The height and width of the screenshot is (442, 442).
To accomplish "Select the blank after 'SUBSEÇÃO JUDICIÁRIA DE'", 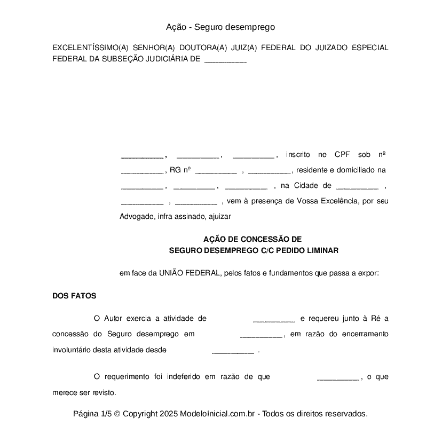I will click(x=225, y=60).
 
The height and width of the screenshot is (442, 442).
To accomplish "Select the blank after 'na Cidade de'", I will click(x=357, y=186).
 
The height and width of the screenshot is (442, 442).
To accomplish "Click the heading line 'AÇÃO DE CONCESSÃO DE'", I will click(x=252, y=240).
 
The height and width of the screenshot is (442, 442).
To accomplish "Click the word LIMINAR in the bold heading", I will click(x=322, y=250).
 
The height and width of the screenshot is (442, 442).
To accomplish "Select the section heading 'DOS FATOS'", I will click(x=74, y=296).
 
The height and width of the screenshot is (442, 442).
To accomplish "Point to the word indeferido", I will click(x=185, y=376).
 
